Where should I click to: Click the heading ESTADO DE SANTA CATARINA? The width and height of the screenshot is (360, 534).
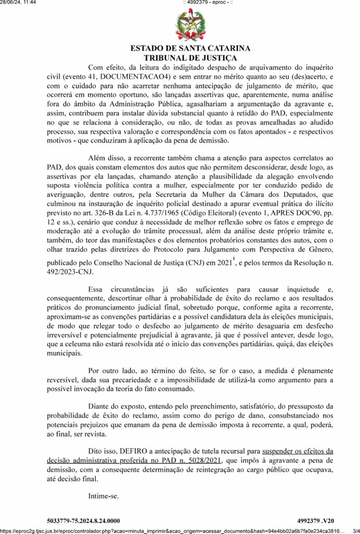tap(190, 48)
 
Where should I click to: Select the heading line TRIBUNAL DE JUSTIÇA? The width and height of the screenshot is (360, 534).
tap(190, 58)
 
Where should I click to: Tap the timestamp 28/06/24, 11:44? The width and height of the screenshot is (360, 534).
tap(18, 3)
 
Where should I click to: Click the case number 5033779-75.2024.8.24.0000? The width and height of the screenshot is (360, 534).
tap(83, 520)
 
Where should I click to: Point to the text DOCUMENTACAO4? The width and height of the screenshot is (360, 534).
tap(121, 77)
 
